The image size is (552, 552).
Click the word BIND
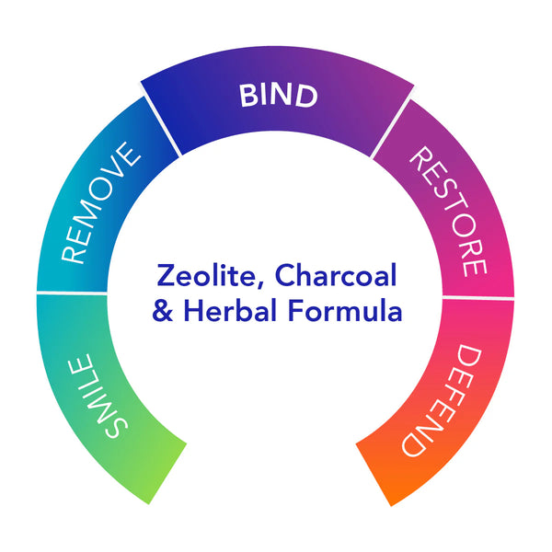click(279, 96)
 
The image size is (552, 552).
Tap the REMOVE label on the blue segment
click(101, 202)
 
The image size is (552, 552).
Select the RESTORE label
click(449, 212)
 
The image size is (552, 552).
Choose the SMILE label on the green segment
click(98, 396)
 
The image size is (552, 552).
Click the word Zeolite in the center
click(206, 275)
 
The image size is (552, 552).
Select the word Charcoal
click(336, 275)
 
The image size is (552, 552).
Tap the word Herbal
click(229, 310)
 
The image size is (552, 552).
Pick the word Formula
click(345, 310)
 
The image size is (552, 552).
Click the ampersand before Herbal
click(162, 311)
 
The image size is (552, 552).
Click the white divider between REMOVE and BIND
click(162, 126)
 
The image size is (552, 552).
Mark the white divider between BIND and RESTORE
click(391, 128)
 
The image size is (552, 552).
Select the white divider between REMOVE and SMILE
click(72, 293)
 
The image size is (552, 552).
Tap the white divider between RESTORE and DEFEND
click(478, 298)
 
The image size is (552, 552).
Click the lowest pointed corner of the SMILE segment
click(149, 504)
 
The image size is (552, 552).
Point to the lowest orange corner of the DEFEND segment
click(391, 506)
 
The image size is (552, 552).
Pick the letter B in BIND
click(248, 96)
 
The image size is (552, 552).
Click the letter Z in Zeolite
click(166, 275)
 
